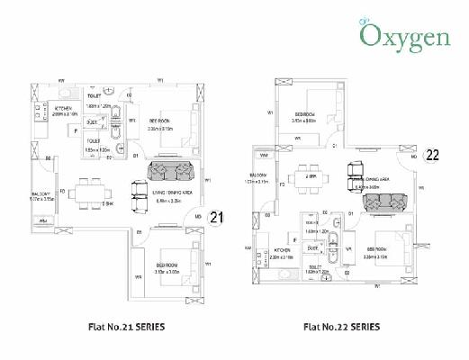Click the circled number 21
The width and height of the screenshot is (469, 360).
pos(216,217)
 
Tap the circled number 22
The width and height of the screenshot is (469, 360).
pos(433,154)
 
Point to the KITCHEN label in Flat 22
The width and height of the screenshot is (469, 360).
pos(282,248)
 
